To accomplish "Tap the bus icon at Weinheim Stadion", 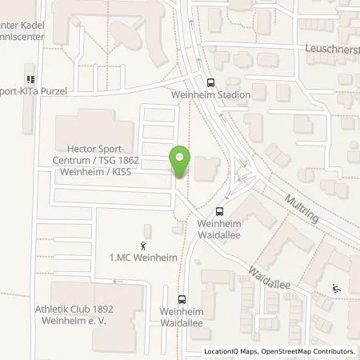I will tap(210, 82).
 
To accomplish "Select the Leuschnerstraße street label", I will tap(331, 48).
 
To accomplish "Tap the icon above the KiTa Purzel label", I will tap(31, 79).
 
